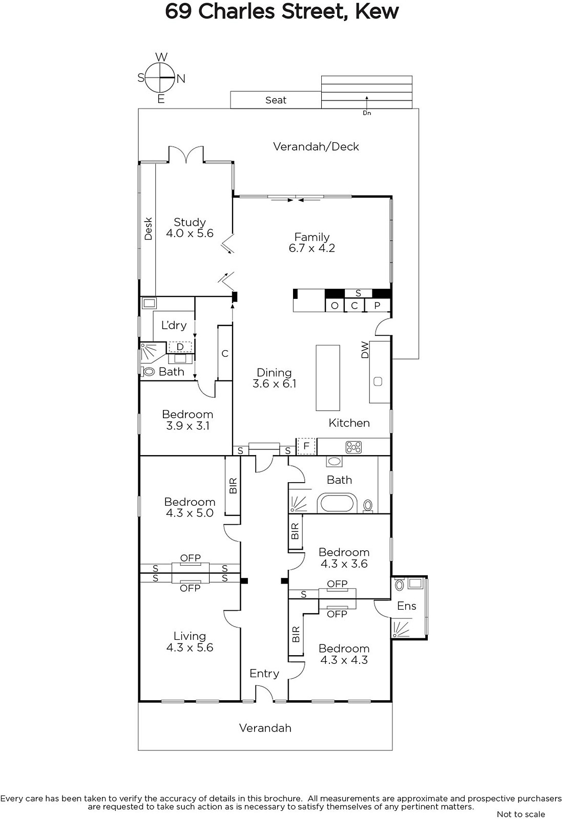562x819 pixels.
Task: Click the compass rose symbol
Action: click(x=160, y=78)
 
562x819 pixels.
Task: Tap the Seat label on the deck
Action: click(x=276, y=100)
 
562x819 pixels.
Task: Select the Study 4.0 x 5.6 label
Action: click(x=190, y=227)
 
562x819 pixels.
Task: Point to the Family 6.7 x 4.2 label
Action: click(x=311, y=243)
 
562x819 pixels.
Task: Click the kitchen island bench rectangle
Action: click(x=328, y=378)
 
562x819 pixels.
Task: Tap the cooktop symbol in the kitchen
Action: click(x=353, y=447)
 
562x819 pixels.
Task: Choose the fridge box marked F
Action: click(x=306, y=446)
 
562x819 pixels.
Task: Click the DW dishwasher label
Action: click(x=365, y=350)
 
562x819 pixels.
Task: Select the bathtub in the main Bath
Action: click(x=337, y=503)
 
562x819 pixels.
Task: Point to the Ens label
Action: click(x=406, y=606)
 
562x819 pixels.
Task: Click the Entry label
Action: click(x=264, y=673)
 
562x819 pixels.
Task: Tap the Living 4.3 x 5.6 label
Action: click(x=190, y=642)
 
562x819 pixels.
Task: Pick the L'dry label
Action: click(x=174, y=325)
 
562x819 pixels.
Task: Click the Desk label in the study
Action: click(x=148, y=229)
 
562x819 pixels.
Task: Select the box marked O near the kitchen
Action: click(x=335, y=305)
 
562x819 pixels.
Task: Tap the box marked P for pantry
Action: click(x=377, y=305)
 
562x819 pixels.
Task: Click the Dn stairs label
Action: click(x=367, y=113)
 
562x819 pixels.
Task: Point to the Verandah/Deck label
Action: click(x=316, y=146)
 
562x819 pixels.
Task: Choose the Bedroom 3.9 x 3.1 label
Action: click(x=188, y=420)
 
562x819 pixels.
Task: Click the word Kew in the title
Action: click(x=377, y=11)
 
